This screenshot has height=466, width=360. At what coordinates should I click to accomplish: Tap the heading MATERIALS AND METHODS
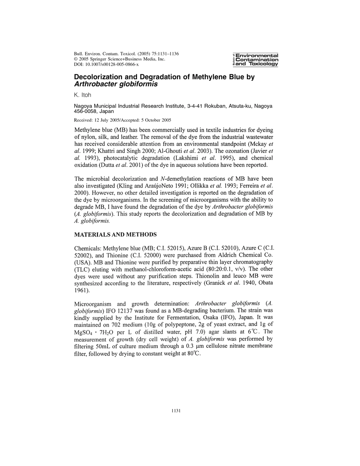point(115,235)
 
